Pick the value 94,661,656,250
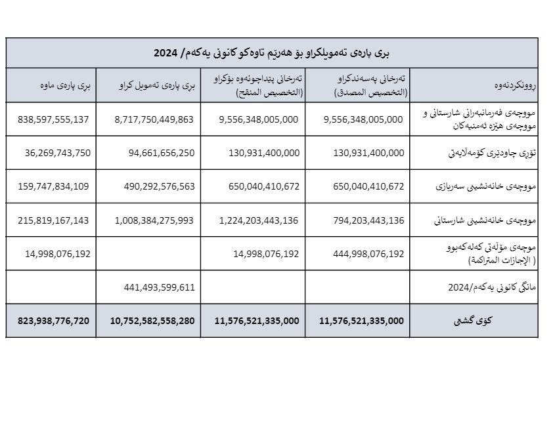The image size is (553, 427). tap(159, 153)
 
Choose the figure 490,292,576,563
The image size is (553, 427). tap(159, 186)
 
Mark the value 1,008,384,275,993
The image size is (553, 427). tap(154, 220)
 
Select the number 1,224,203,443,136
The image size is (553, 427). tap(258, 220)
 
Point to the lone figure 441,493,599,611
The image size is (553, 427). tap(159, 287)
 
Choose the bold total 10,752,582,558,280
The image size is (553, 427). tap(152, 321)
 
